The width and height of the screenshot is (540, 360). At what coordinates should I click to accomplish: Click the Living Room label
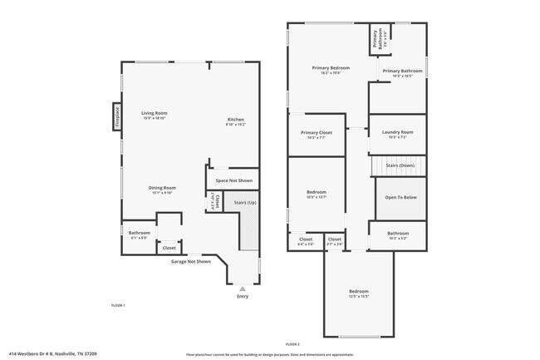pyautogui.click(x=155, y=113)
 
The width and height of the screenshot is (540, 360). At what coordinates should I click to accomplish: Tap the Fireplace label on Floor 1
pyautogui.click(x=117, y=116)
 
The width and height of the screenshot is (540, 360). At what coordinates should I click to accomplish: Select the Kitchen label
pyautogui.click(x=236, y=120)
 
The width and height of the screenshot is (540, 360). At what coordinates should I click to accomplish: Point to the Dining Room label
pyautogui.click(x=162, y=188)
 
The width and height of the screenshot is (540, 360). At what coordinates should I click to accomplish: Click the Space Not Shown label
pyautogui.click(x=233, y=180)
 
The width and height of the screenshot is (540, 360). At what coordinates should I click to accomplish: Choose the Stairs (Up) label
pyautogui.click(x=245, y=202)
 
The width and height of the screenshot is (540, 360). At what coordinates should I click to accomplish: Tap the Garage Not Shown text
pyautogui.click(x=191, y=261)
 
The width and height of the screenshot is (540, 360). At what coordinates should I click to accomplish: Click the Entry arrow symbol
pyautogui.click(x=243, y=288)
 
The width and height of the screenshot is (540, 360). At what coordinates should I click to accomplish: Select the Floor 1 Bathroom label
pyautogui.click(x=140, y=233)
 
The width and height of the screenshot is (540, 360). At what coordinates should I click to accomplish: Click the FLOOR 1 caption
pyautogui.click(x=118, y=305)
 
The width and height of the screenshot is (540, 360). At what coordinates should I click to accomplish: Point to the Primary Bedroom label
pyautogui.click(x=331, y=68)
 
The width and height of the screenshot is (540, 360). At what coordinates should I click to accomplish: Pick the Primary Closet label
pyautogui.click(x=317, y=133)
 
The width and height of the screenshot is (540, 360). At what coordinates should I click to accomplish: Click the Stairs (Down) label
pyautogui.click(x=400, y=165)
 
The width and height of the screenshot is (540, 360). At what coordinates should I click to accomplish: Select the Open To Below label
pyautogui.click(x=400, y=197)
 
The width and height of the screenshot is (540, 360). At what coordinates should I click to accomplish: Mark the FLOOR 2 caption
pyautogui.click(x=292, y=343)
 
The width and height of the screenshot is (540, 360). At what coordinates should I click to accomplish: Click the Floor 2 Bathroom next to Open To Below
pyautogui.click(x=398, y=234)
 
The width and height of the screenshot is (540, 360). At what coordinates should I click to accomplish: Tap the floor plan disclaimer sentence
pyautogui.click(x=270, y=353)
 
